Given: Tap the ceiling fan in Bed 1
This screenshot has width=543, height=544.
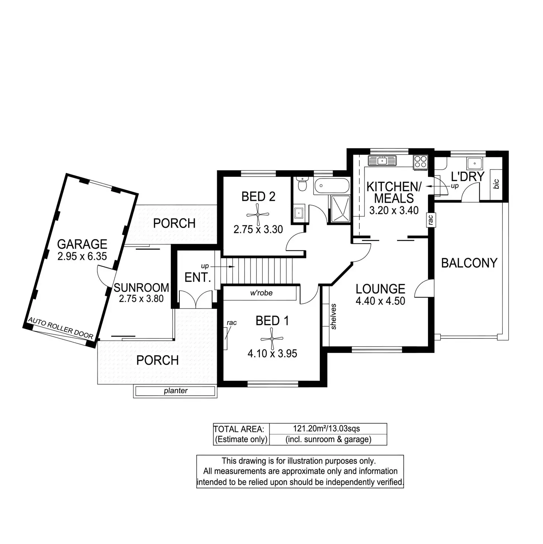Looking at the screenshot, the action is pyautogui.click(x=271, y=339).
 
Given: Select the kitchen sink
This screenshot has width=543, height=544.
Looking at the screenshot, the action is pyautogui.click(x=382, y=161).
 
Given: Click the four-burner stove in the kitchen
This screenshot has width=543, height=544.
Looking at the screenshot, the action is pyautogui.click(x=421, y=162).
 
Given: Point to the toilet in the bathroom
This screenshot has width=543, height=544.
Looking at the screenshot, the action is pyautogui.click(x=303, y=184).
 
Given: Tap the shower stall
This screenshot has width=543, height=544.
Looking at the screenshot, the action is pyautogui.click(x=340, y=209).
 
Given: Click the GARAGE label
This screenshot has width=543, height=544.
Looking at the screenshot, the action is pyautogui.click(x=82, y=244).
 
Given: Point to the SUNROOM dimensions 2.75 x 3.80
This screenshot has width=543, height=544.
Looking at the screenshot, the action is pyautogui.click(x=141, y=299).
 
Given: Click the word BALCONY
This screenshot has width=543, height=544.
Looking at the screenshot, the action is pyautogui.click(x=469, y=263).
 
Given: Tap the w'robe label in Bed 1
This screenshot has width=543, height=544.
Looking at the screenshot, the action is pyautogui.click(x=261, y=293).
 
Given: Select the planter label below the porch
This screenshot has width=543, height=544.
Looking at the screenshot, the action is pyautogui.click(x=176, y=391).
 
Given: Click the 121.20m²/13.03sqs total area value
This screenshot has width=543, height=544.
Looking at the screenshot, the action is pyautogui.click(x=326, y=428).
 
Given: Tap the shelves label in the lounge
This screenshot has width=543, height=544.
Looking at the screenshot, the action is pyautogui.click(x=334, y=316).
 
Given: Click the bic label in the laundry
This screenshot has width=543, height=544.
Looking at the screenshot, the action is pyautogui.click(x=496, y=184).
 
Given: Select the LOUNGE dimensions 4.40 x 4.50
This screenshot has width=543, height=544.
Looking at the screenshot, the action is pyautogui.click(x=380, y=301).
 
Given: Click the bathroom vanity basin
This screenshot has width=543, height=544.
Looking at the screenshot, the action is pyautogui.click(x=299, y=213).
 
